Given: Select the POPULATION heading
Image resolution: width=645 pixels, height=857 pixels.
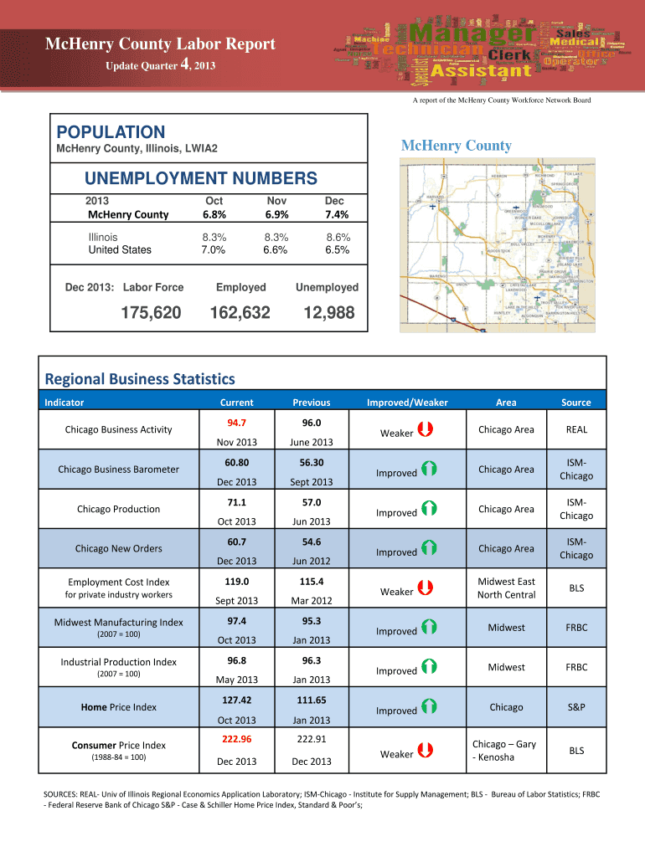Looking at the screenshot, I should point(110,132).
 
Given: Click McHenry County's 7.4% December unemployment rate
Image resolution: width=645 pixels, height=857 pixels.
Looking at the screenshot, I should point(333,214).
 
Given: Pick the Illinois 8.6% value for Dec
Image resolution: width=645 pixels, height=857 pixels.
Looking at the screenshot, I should point(338,237).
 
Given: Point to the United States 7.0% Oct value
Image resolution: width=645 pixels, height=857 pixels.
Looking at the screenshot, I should point(214,249).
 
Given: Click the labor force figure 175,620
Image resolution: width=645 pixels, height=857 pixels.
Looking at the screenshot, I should point(152,313).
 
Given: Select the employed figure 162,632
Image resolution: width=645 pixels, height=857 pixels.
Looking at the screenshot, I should point(240,313).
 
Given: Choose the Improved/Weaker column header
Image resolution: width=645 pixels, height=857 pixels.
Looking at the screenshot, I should point(407,403).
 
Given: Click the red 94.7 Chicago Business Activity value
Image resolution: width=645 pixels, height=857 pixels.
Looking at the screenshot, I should point(236,422).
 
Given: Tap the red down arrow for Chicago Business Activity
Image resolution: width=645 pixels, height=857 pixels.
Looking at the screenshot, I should point(425,429).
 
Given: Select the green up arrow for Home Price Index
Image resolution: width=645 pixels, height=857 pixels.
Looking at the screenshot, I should point(429,707).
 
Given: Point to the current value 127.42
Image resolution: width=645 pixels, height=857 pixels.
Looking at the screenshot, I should point(236,700).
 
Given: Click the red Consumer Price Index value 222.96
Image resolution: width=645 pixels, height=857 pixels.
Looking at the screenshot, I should point(236,739).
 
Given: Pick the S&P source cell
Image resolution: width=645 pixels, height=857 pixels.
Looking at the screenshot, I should point(575,707).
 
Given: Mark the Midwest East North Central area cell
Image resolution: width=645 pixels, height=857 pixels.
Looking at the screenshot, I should point(506,588).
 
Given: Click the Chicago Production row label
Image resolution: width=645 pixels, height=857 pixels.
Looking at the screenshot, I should point(118,509).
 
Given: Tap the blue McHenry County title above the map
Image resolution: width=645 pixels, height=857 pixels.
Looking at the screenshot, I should point(456,146).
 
